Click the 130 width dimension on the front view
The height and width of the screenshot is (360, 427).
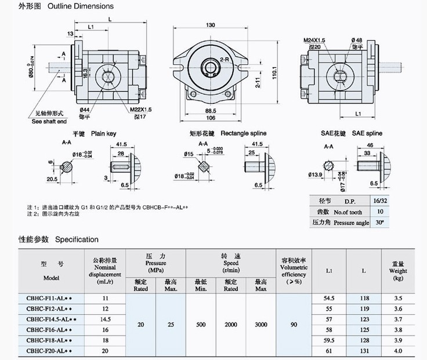click(x=211, y=25)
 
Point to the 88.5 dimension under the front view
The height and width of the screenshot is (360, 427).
click(x=211, y=110)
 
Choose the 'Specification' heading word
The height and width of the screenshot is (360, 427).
click(x=77, y=239)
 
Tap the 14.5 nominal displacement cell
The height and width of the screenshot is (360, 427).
click(x=105, y=319)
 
